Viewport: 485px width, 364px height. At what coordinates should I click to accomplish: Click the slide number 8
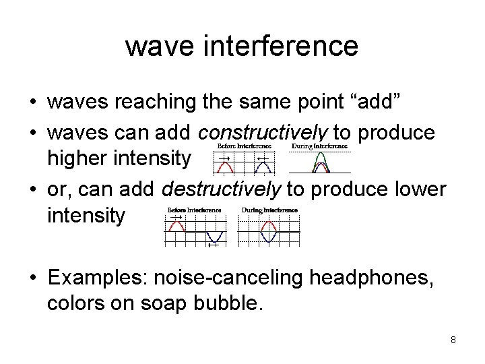point(453,340)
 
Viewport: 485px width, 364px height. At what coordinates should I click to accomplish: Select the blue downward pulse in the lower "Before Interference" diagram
point(214,237)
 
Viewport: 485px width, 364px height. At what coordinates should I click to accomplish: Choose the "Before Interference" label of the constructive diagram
point(244,146)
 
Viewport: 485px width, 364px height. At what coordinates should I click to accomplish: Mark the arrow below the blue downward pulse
point(212,245)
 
